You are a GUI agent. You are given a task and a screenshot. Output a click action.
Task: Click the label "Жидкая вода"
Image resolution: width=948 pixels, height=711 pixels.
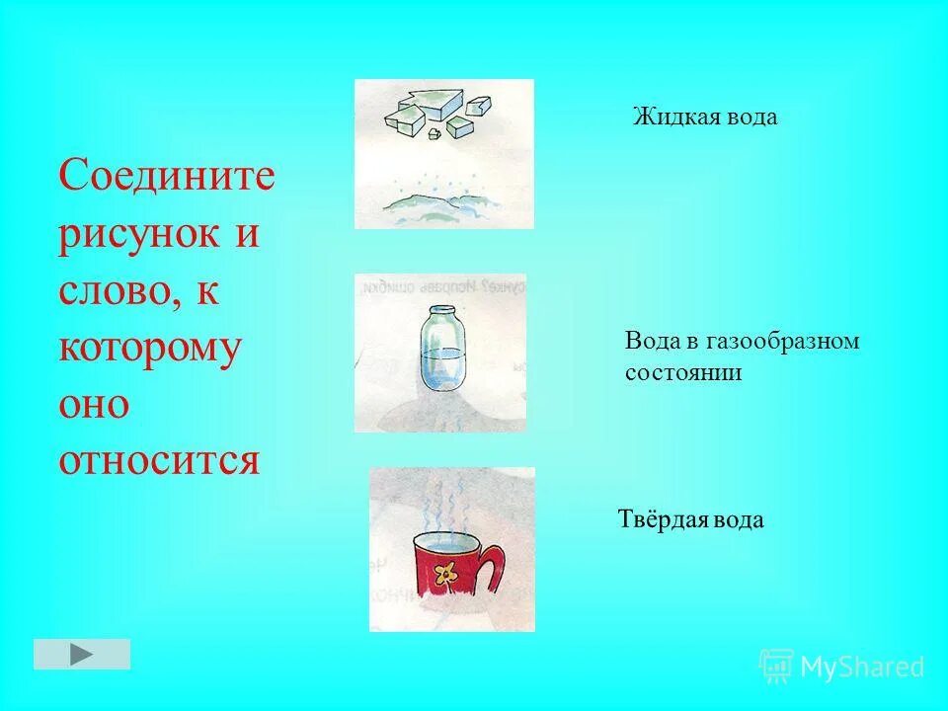point(705,117)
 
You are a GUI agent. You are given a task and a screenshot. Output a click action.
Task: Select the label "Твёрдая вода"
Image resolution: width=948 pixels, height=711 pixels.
point(690,519)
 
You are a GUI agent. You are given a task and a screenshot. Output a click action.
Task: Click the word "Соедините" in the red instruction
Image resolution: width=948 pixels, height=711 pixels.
point(166,179)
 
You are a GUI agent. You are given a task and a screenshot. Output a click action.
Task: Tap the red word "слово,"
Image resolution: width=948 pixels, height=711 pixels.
point(121,292)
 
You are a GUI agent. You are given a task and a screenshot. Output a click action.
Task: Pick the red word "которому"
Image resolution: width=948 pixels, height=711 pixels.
point(149,350)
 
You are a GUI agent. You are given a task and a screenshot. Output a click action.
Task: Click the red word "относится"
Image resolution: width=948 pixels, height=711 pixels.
point(159,460)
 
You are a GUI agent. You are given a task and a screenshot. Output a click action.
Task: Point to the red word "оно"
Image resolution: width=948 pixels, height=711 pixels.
point(94,404)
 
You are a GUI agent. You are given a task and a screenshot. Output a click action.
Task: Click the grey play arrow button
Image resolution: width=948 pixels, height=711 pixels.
point(82,654)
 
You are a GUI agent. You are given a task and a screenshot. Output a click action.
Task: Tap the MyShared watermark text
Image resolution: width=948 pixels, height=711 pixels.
point(861,668)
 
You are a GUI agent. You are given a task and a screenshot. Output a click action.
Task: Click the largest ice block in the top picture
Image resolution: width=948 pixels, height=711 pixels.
point(424,105)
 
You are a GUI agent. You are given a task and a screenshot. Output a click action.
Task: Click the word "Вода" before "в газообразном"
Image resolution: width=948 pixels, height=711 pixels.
point(649,342)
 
